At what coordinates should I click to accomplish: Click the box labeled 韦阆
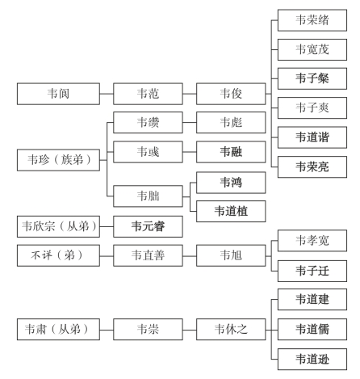coord(58,94)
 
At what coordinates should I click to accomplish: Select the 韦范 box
coord(148,94)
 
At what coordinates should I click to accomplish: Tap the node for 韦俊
coord(231,94)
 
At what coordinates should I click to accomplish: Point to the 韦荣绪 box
coord(312,20)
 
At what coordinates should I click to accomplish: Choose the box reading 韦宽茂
coord(312,49)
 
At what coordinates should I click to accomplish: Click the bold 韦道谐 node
coord(312,137)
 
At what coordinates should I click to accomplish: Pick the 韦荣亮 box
coord(312,167)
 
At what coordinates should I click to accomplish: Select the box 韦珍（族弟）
coord(58,160)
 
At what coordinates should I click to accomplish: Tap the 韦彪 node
coord(231,123)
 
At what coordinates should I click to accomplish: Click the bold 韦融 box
coord(231,152)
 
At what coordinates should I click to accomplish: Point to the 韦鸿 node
coord(231,183)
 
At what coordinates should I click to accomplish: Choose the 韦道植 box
coord(231,211)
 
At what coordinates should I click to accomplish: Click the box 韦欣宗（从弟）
coord(58,226)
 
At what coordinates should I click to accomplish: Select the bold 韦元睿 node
coord(148,226)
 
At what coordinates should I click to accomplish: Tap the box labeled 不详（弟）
coord(58,255)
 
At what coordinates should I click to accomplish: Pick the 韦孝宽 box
coord(312,241)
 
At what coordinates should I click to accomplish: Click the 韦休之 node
coord(231,330)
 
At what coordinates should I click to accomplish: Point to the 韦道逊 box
coord(312,360)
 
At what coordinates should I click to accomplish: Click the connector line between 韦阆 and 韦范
coord(107,94)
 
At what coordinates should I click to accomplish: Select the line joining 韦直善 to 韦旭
coord(190,256)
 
